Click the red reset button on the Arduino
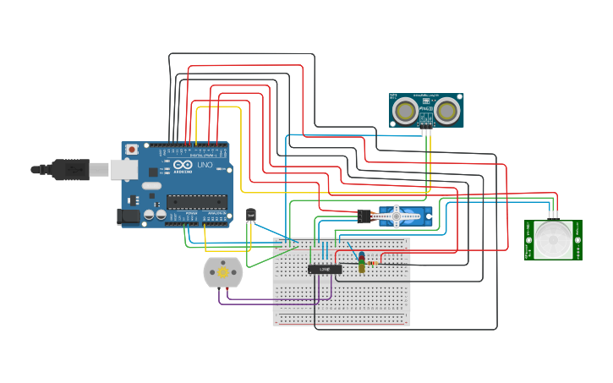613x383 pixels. coord(132,150)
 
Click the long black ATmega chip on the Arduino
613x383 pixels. coord(196,201)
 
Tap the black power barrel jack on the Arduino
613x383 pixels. coord(128,216)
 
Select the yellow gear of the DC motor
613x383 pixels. coord(222,272)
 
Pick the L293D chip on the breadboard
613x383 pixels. coord(324,269)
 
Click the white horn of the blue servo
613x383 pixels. coord(397,216)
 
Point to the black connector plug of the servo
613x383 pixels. coord(365,216)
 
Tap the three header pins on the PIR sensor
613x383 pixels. coord(552,214)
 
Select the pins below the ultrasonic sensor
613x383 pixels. coord(427,131)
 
